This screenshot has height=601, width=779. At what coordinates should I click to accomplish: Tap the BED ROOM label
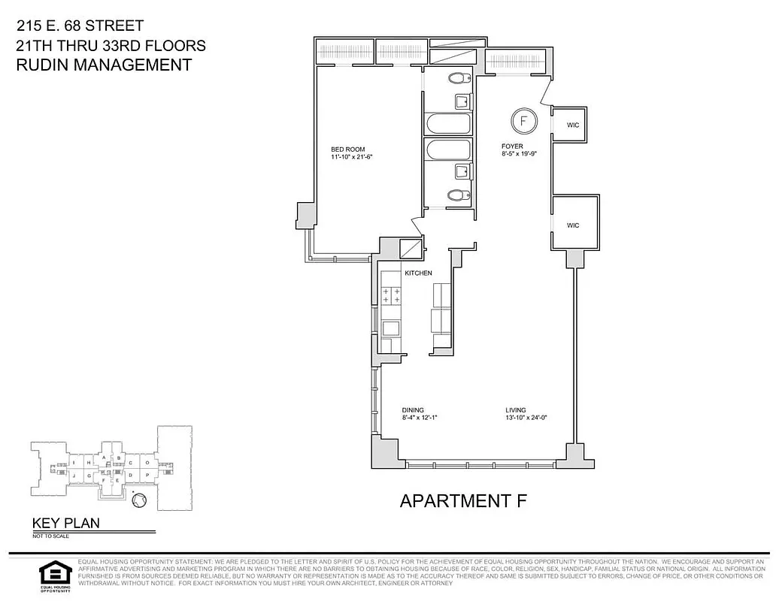[x=347, y=149]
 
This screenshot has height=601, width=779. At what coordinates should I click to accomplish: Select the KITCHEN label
[x=418, y=273]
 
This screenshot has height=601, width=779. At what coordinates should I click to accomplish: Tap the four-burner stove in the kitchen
[x=391, y=294]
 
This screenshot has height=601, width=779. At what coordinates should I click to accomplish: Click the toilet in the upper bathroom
[x=456, y=78]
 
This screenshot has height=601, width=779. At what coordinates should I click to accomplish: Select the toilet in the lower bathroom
[x=456, y=195]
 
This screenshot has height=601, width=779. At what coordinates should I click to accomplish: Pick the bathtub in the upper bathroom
[x=447, y=123]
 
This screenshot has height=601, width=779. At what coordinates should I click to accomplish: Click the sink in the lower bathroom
[x=462, y=172]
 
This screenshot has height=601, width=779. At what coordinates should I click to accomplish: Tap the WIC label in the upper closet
[x=573, y=125]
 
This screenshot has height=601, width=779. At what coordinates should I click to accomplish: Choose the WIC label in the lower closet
[x=573, y=225]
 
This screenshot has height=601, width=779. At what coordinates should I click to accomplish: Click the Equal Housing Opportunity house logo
[x=53, y=573]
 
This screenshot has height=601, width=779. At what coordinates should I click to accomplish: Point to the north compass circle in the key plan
[x=136, y=500]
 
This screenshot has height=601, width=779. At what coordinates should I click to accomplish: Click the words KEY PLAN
[x=65, y=524]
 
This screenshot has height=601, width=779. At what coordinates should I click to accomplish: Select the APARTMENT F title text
[x=463, y=500]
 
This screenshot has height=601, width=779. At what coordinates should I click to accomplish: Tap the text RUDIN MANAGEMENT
[x=104, y=65]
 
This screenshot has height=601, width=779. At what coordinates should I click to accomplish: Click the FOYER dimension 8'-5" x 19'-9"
[x=523, y=154]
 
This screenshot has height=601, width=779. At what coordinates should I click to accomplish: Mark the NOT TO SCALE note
[x=50, y=536]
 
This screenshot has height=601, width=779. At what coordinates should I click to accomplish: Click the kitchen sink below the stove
[x=391, y=327]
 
